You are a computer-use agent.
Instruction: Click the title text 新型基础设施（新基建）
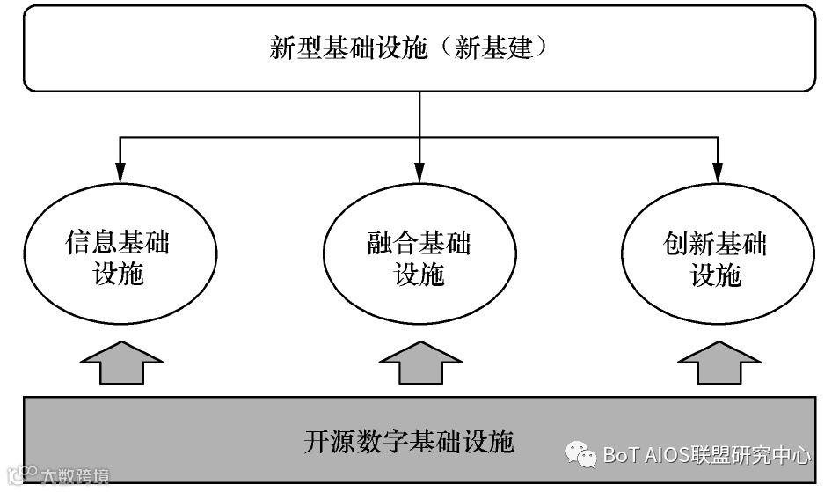pos(409,48)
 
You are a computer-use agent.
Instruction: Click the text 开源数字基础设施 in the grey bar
pos(409,439)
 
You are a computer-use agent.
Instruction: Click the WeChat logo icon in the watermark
pos(580,454)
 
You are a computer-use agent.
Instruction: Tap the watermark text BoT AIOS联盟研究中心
pos(707,455)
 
